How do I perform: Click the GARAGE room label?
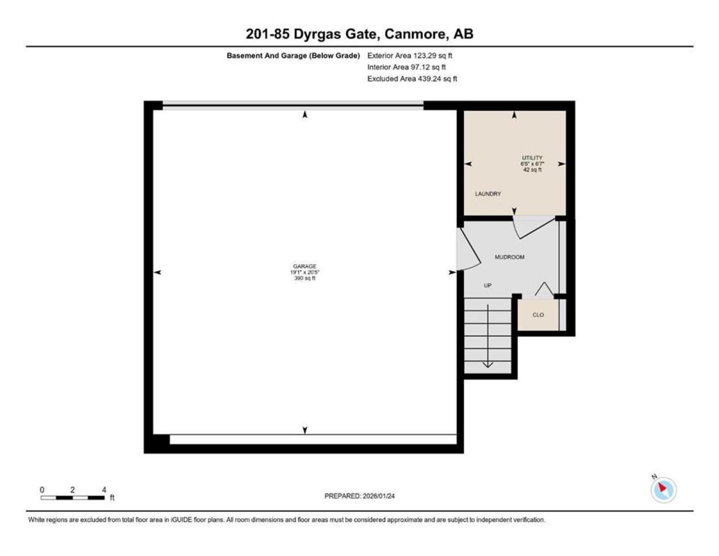click(304, 266)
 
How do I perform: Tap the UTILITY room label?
click(532, 158)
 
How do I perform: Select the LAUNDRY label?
click(488, 194)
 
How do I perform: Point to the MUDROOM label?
click(509, 257)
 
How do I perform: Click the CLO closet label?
click(538, 315)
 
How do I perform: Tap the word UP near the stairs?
click(487, 285)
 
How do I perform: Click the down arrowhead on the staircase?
click(488, 364)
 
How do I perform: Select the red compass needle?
click(662, 488)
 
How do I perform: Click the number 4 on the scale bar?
click(104, 490)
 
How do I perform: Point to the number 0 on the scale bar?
click(42, 490)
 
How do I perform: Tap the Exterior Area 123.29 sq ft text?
click(409, 56)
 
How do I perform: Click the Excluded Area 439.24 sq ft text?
click(412, 79)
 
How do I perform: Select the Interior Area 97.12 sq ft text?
click(406, 67)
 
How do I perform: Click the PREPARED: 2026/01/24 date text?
click(359, 496)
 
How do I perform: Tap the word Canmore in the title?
click(415, 34)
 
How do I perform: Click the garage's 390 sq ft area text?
click(304, 278)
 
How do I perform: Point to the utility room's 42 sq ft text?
click(532, 170)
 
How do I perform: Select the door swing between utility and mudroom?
click(534, 227)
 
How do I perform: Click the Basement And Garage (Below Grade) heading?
click(293, 56)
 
